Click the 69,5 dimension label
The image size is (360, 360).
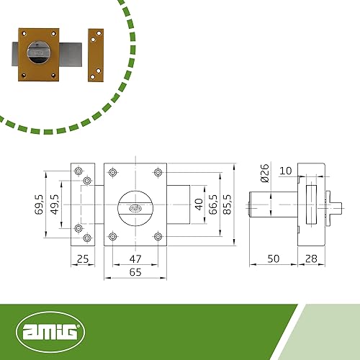[x=39, y=204]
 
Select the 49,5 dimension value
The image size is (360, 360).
[x=55, y=204]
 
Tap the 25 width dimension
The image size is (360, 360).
[x=83, y=258]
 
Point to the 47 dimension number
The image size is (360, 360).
[x=135, y=258]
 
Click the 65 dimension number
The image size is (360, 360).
[x=135, y=272]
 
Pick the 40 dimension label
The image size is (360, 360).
[x=199, y=204]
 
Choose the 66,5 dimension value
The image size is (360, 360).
[x=213, y=204]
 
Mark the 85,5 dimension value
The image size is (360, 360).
[x=227, y=204]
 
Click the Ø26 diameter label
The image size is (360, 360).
[x=265, y=174]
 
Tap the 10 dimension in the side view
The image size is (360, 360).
[x=286, y=171]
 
